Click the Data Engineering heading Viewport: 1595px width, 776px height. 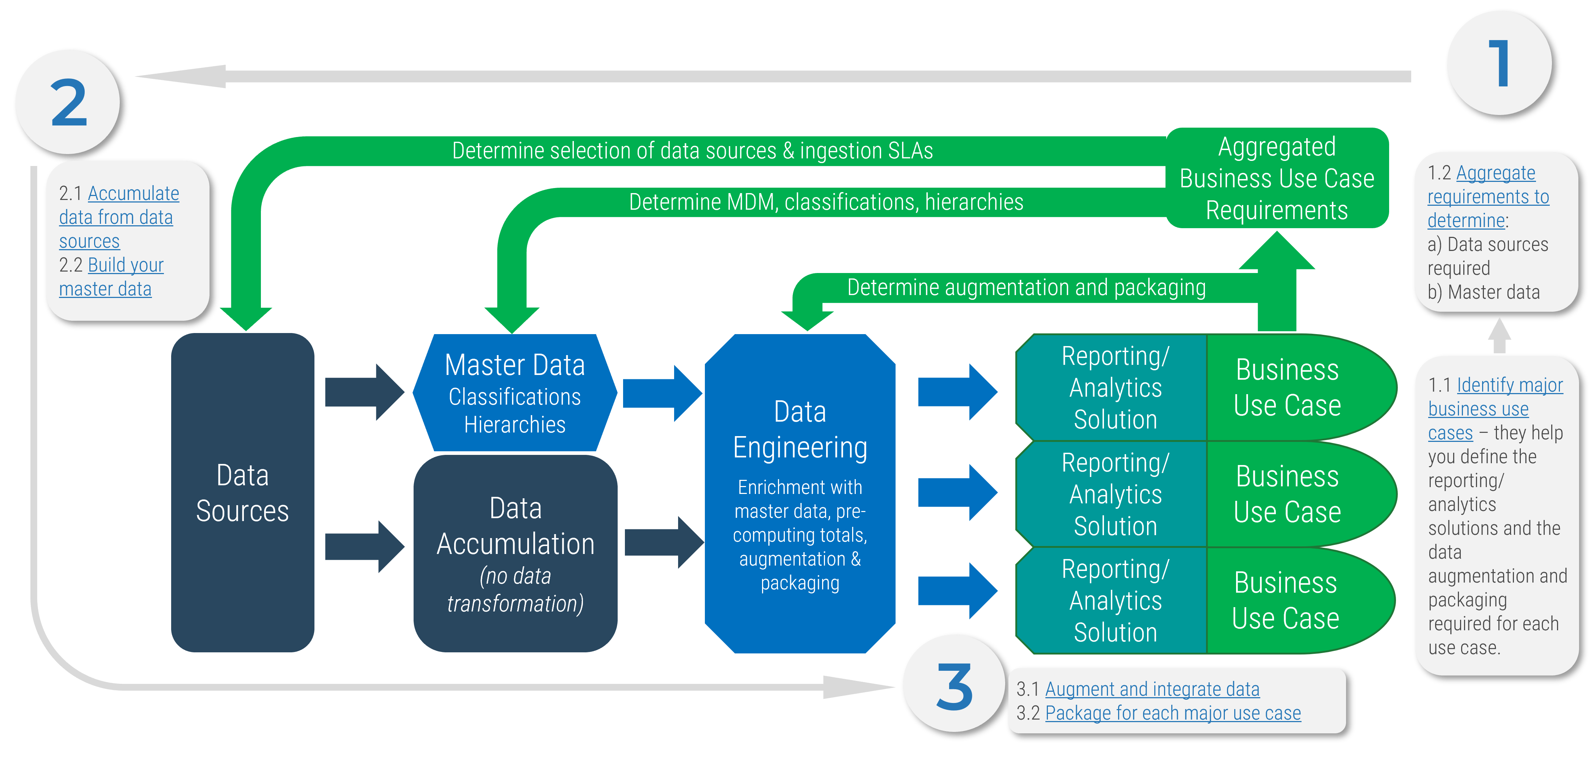point(800,430)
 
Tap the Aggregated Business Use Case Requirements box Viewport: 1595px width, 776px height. point(1277,178)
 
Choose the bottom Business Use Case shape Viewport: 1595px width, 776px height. point(1286,600)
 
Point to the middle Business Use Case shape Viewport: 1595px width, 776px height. point(1287,494)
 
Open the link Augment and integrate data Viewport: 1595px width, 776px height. point(1152,689)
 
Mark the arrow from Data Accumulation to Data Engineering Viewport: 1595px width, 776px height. point(663,542)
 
